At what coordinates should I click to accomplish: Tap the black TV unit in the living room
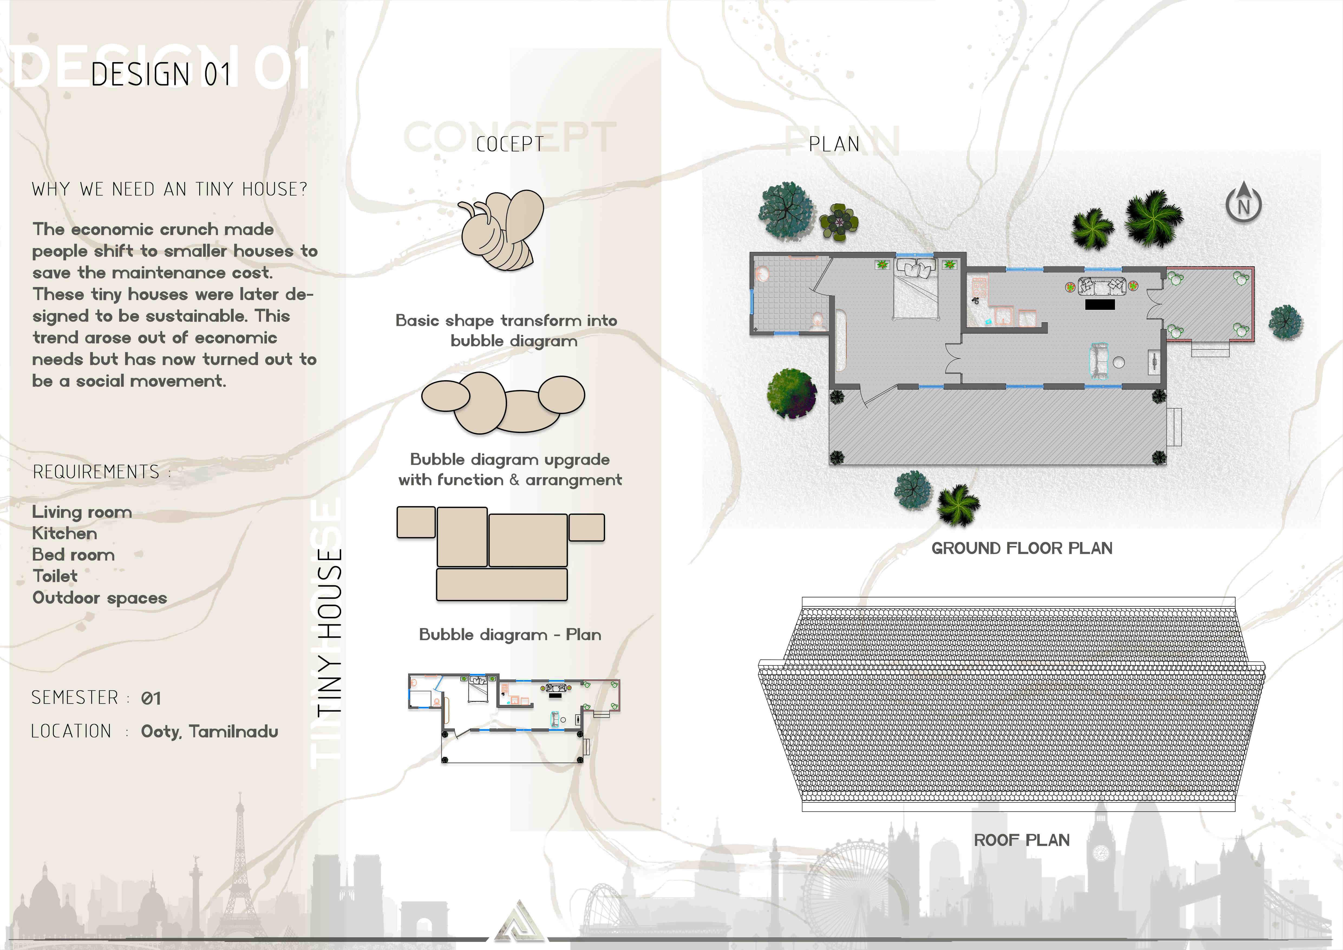point(1100,304)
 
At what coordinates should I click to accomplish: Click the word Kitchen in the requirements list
point(64,533)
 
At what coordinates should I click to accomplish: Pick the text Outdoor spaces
point(99,598)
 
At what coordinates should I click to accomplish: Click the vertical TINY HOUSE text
point(329,632)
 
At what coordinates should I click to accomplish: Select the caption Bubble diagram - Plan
point(510,635)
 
